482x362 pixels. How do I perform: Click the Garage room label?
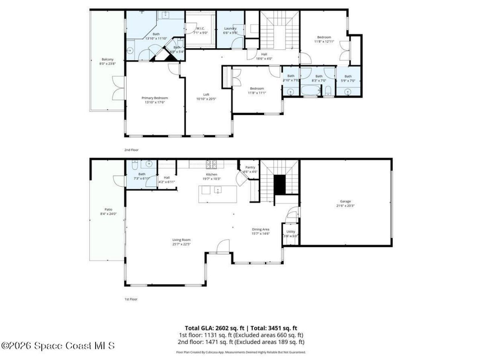click(x=345, y=201)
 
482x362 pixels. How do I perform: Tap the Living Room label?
click(x=182, y=240)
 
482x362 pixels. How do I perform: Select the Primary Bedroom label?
click(x=154, y=98)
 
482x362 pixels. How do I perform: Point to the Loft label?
click(x=206, y=95)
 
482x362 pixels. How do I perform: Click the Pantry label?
click(x=250, y=167)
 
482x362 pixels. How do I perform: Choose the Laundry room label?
click(x=230, y=29)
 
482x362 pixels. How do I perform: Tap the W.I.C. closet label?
click(x=200, y=28)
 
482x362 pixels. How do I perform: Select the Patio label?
click(x=108, y=210)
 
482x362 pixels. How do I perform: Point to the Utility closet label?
click(x=291, y=232)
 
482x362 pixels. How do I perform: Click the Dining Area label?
click(x=261, y=229)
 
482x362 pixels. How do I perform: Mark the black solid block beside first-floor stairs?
click(x=279, y=185)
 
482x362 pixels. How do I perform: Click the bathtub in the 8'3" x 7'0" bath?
click(x=310, y=91)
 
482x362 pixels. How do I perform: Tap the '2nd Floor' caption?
click(x=131, y=150)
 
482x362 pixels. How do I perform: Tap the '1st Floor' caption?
click(x=131, y=299)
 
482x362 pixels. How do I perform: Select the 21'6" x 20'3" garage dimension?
click(x=345, y=206)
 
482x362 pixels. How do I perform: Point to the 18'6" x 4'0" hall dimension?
click(x=264, y=58)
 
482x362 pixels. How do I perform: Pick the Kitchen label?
click(x=211, y=175)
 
